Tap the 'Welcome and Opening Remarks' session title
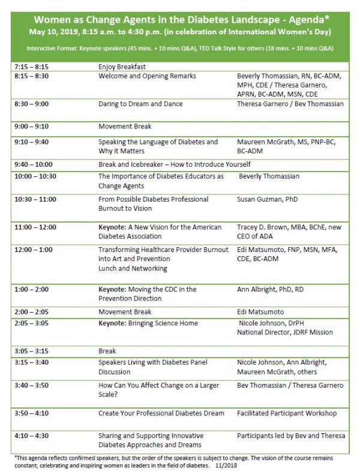pos(147,76)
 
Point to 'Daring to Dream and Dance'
pos(140,104)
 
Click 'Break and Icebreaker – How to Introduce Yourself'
pos(174,164)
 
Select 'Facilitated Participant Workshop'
pos(287,413)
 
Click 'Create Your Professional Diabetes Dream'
pos(161,413)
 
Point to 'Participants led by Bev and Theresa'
pos(291,435)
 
